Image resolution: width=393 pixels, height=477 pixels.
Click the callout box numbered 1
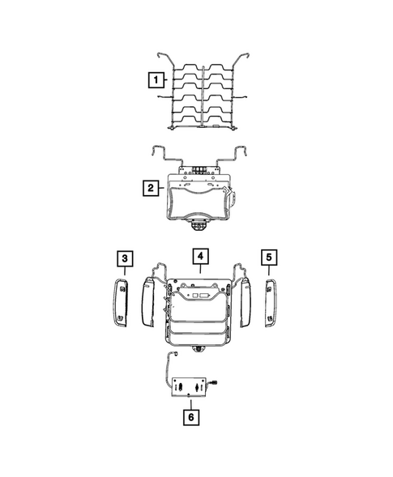tap(155, 80)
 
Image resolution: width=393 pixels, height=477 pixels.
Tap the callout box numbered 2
tap(150, 189)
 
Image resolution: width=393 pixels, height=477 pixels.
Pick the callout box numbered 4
tap(199, 258)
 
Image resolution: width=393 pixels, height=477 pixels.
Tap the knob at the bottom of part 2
tap(199, 222)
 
